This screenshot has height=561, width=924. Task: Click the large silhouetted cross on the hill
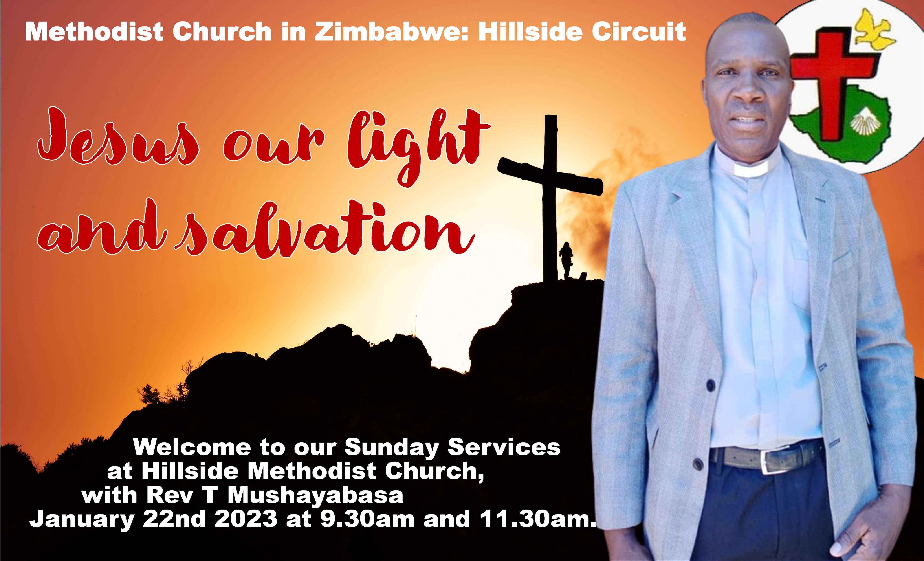tap(550, 195)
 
